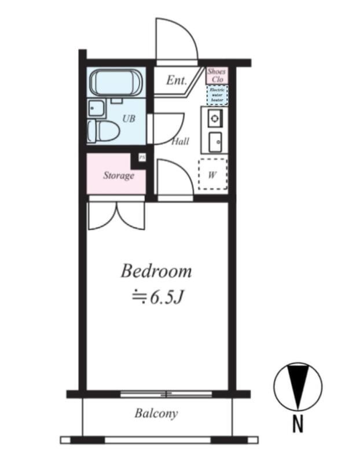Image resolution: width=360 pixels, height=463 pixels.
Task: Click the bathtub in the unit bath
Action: (x=116, y=83)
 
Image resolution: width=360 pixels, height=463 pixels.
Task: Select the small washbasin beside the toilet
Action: (x=95, y=108)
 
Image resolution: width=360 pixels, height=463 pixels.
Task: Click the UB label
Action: (x=128, y=119)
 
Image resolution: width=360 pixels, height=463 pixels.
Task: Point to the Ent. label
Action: (x=177, y=80)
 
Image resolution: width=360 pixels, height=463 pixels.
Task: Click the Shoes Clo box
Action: (x=217, y=75)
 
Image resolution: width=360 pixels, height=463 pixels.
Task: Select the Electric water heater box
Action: (x=217, y=95)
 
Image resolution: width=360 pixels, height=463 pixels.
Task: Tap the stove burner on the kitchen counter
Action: (x=214, y=118)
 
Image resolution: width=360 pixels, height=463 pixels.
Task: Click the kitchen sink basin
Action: (x=215, y=142)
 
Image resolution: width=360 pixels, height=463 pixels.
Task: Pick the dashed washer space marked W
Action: (x=212, y=174)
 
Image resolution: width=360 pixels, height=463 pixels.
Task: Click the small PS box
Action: (x=142, y=157)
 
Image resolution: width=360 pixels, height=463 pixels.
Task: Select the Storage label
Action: (x=119, y=176)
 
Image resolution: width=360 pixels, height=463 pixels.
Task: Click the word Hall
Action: (x=181, y=141)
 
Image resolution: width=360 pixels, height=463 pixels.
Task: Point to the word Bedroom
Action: (x=156, y=271)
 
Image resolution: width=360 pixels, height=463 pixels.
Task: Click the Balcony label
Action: (x=156, y=413)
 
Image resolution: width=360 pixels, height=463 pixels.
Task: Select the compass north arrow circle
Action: (x=298, y=387)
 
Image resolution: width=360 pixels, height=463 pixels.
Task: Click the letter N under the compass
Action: (x=297, y=424)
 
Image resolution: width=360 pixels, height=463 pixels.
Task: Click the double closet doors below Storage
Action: (x=117, y=215)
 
